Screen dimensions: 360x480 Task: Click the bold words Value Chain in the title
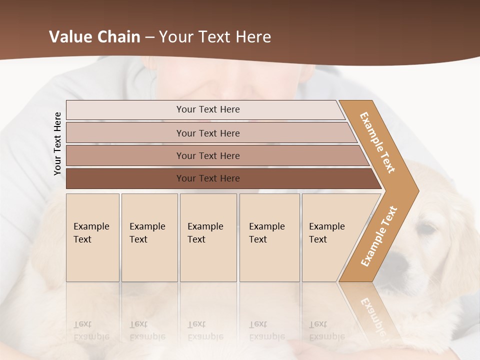point(94,37)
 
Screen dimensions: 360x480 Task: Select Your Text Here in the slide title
point(215,37)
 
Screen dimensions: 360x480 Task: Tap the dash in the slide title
point(149,37)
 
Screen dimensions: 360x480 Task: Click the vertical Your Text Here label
point(57,143)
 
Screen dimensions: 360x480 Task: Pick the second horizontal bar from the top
point(208,133)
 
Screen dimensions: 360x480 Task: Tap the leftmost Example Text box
point(92,237)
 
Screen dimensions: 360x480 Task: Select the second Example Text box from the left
point(149,237)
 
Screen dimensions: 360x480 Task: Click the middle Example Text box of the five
point(208,237)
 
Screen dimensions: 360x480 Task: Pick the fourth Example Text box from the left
point(269,237)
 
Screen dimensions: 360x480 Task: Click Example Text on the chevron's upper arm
point(377,142)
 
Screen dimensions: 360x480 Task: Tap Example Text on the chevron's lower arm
point(379,236)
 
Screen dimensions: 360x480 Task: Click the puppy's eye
point(426,229)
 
